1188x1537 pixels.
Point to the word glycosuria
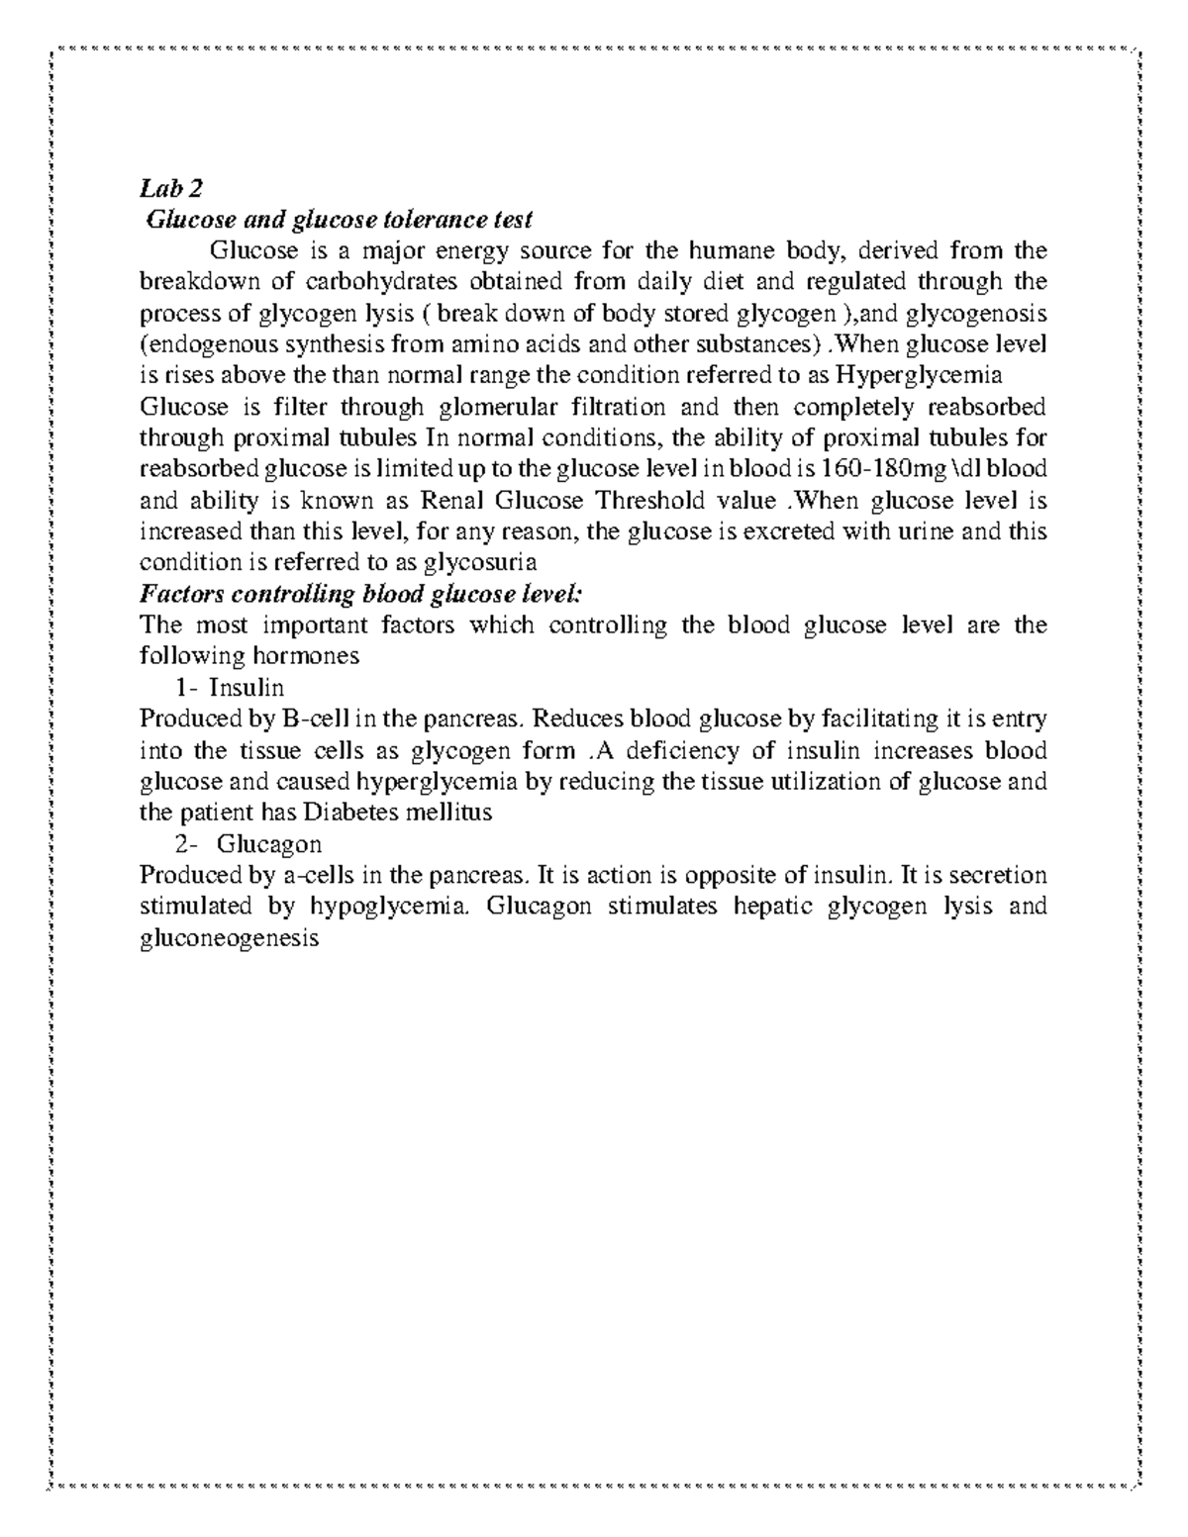click(x=480, y=563)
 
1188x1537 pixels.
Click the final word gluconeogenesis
click(x=230, y=939)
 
